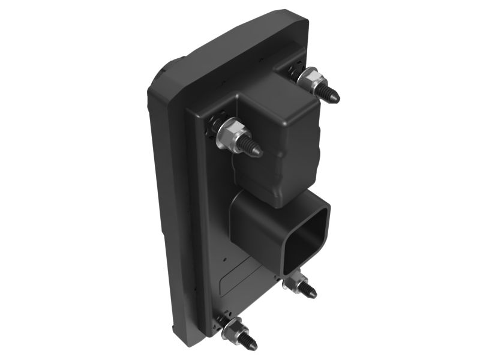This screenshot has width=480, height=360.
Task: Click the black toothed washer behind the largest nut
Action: pos(214,123)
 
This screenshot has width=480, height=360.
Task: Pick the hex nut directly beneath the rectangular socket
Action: pos(296,281)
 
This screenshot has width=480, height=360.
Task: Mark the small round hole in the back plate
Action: pos(224,260)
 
